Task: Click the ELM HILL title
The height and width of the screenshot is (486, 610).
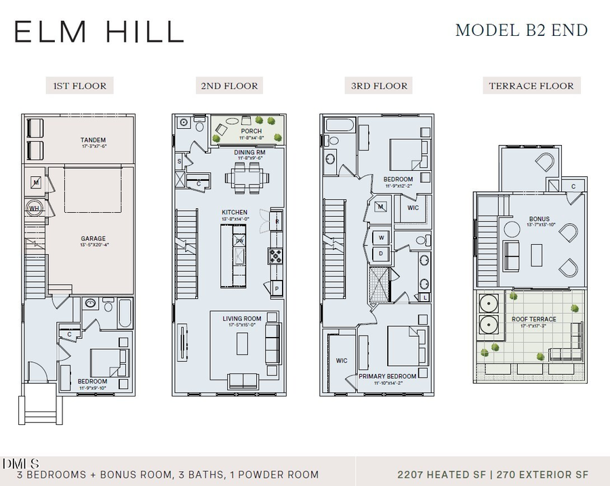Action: [x=99, y=32]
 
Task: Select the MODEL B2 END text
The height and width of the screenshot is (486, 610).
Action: [x=521, y=31]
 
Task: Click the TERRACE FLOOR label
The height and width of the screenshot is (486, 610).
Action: [x=531, y=86]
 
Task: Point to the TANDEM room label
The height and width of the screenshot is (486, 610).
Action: [x=93, y=140]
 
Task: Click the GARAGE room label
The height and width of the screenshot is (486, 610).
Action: [x=93, y=239]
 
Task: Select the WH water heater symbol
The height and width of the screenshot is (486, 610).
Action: [x=34, y=209]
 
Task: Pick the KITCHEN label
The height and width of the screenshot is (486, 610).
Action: [x=235, y=212]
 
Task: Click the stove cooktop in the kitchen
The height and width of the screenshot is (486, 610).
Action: [x=277, y=256]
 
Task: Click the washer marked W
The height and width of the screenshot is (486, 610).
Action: [x=381, y=238]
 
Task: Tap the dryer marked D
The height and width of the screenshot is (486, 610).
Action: [x=381, y=254]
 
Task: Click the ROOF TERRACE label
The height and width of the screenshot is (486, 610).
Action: [x=534, y=319]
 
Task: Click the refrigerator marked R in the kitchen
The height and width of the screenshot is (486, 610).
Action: [x=277, y=221]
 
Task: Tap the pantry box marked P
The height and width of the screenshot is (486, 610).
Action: [x=277, y=289]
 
